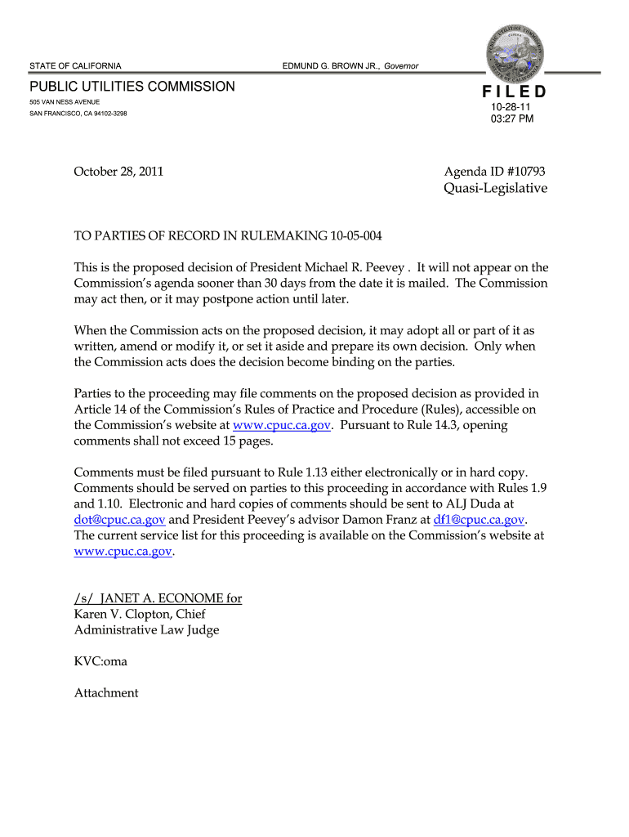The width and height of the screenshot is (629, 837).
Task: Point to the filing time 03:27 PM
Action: [x=512, y=119]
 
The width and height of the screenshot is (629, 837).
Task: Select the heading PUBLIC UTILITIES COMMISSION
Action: [x=132, y=87]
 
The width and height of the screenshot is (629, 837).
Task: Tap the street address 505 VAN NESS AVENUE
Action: [x=65, y=102]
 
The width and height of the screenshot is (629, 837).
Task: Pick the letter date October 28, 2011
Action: [x=118, y=172]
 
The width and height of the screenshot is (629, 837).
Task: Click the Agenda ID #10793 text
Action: [x=495, y=172]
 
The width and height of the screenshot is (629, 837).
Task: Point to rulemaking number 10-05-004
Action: [x=357, y=236]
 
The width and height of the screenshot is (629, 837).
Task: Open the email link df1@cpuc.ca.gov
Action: [x=479, y=520]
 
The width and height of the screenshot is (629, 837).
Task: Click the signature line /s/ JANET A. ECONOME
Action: [x=158, y=598]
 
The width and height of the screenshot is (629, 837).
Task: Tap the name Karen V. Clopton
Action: [x=125, y=614]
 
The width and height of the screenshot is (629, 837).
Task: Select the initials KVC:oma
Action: [x=100, y=661]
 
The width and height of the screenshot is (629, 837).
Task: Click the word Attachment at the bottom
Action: [x=106, y=693]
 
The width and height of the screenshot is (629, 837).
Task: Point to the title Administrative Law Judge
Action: [x=146, y=629]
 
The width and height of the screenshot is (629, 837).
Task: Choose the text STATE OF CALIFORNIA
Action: [x=75, y=65]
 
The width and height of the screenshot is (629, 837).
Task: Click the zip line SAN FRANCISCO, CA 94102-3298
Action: [x=78, y=114]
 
